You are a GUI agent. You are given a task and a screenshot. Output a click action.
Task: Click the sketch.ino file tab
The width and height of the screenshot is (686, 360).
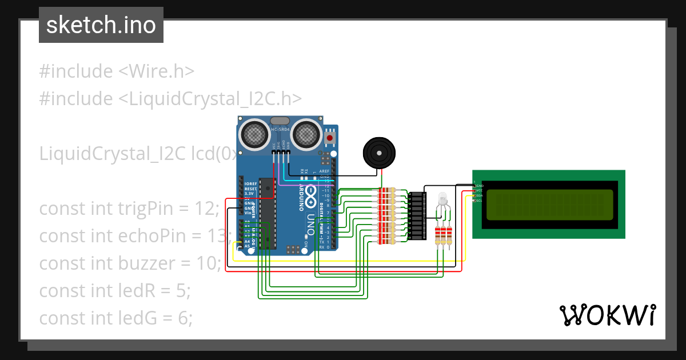pos(101,25)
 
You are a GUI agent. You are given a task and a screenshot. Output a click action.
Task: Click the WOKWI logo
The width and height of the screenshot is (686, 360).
pos(607,315)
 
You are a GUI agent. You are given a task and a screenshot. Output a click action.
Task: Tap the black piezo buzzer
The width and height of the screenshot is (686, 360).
pos(378,153)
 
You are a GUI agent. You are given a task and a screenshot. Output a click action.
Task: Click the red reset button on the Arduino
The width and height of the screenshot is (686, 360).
pos(330,138)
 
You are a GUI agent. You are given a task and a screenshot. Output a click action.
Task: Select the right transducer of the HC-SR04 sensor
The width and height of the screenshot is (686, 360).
pos(306,134)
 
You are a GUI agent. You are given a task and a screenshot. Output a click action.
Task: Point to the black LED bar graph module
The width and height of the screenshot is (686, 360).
pos(417,215)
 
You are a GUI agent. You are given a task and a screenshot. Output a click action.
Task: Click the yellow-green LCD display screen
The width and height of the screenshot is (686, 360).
pos(549,205)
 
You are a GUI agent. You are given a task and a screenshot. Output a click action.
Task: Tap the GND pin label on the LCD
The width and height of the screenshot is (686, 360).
pos(480,186)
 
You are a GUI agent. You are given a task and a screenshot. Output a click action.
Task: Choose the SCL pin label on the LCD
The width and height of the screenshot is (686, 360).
pos(479,201)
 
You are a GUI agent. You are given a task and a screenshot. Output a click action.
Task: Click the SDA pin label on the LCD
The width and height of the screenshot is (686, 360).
pos(479,195)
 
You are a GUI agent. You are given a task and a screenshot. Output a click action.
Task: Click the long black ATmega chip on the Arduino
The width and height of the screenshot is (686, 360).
pos(265,214)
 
